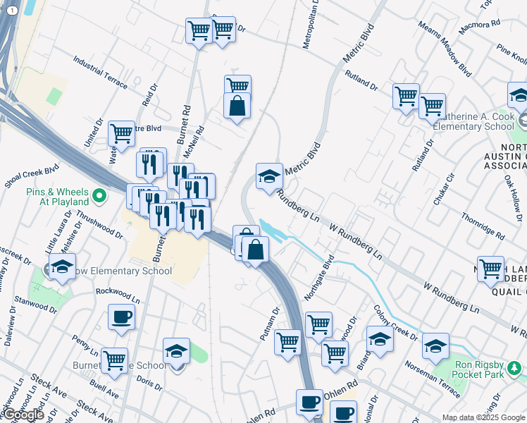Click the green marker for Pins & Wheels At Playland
[x=99, y=195]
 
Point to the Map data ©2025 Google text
[x=483, y=417]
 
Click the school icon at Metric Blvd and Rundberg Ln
[x=268, y=177]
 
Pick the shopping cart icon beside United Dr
[x=121, y=133]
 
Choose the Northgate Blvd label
[x=318, y=277]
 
